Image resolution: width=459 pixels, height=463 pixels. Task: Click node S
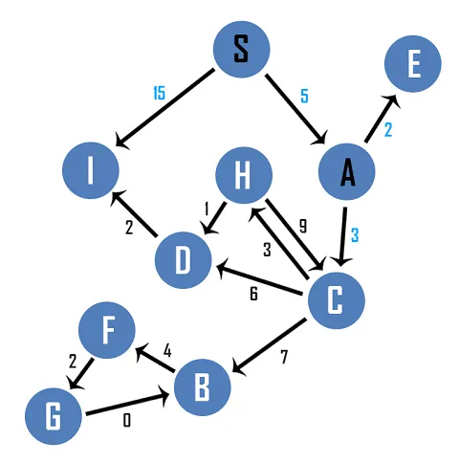click(x=241, y=50)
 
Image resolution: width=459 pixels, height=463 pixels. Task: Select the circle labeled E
click(x=413, y=65)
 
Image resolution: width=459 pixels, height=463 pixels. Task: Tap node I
click(x=91, y=171)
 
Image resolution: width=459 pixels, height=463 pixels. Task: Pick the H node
click(x=243, y=175)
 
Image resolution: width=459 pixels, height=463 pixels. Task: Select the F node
click(x=107, y=331)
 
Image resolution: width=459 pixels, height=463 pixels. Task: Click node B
click(x=202, y=386)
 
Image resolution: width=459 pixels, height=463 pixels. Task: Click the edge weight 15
click(x=160, y=93)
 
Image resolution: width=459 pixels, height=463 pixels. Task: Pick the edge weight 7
click(x=283, y=359)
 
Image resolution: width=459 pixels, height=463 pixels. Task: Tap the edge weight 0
click(x=126, y=420)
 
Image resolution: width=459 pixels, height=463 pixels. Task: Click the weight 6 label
click(x=253, y=294)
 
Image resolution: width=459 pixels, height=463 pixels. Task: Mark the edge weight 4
click(x=167, y=351)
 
